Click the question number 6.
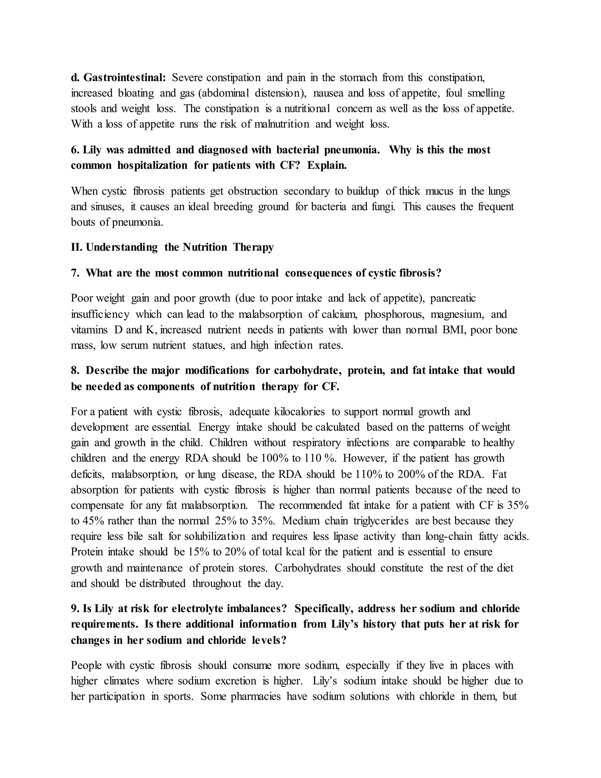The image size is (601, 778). tap(75, 150)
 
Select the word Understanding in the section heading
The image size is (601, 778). tap(122, 247)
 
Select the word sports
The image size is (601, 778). tap(177, 696)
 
